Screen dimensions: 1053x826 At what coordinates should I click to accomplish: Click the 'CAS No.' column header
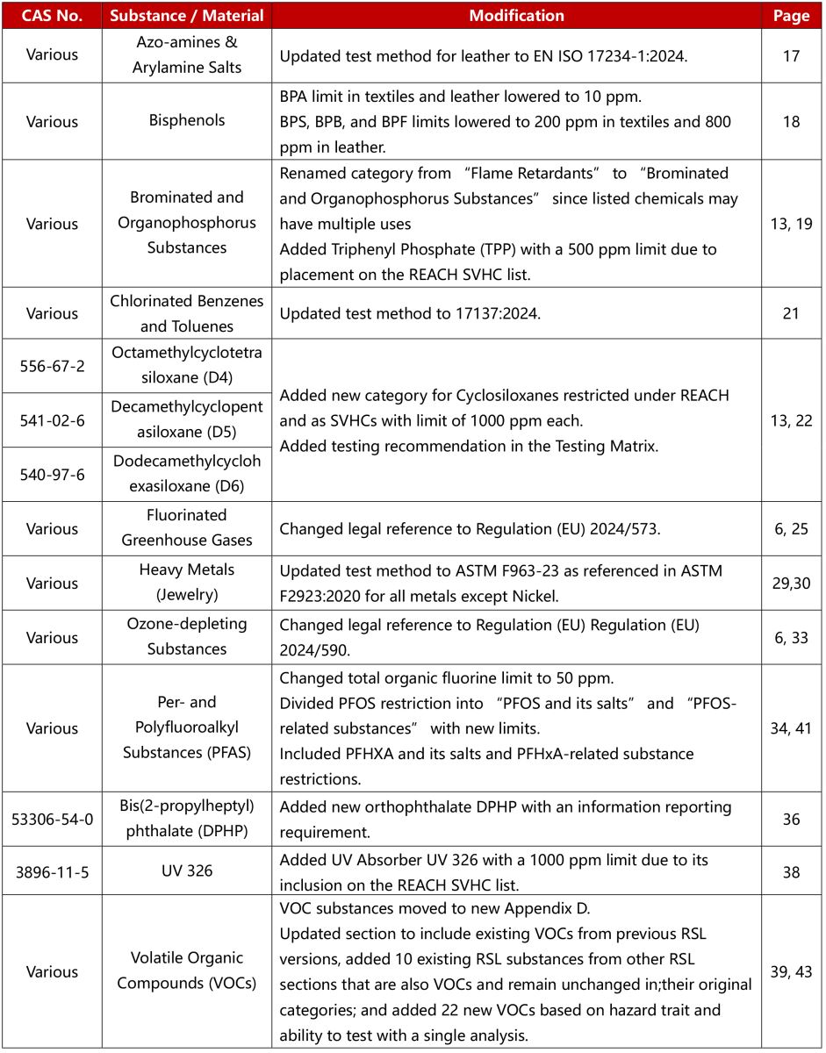click(x=52, y=16)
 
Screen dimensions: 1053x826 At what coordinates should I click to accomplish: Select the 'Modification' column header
click(x=517, y=16)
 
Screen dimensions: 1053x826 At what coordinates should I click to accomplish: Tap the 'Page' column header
click(x=791, y=16)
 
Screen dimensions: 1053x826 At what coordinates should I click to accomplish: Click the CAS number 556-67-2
click(x=52, y=366)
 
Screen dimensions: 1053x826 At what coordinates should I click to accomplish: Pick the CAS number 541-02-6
click(x=52, y=419)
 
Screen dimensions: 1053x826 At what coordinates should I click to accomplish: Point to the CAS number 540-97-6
click(x=52, y=474)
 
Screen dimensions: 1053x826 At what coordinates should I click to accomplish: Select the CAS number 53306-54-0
click(x=52, y=819)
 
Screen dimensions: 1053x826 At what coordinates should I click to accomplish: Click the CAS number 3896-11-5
click(x=52, y=872)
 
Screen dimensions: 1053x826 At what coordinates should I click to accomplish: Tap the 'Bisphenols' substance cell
click(x=187, y=122)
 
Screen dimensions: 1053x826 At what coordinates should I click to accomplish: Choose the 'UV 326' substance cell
click(x=187, y=872)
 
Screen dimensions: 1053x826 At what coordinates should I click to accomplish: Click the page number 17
click(x=791, y=55)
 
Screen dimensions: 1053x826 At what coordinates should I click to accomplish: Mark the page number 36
click(x=791, y=819)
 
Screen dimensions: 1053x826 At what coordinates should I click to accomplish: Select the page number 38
click(x=791, y=872)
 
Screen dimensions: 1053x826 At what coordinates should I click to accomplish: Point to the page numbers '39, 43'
click(x=791, y=971)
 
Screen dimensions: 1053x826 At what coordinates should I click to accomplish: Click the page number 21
click(x=791, y=313)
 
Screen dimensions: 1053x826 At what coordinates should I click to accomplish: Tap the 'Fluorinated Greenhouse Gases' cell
click(x=187, y=528)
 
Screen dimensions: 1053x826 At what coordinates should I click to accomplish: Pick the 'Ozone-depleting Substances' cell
click(x=187, y=636)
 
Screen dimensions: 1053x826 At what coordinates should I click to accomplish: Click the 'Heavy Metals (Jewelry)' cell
click(x=187, y=583)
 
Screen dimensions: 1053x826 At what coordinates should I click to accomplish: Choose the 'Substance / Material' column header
click(x=187, y=16)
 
